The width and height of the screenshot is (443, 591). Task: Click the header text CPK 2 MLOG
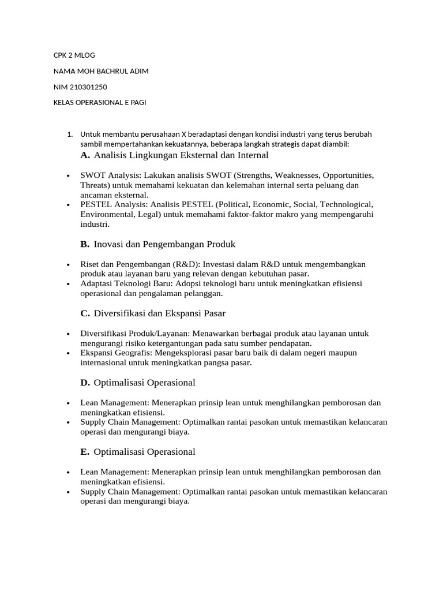(x=74, y=55)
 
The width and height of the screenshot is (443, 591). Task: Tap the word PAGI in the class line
(x=137, y=103)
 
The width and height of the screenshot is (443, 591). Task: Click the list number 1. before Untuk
(x=69, y=134)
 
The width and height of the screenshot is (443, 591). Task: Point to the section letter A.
(x=85, y=155)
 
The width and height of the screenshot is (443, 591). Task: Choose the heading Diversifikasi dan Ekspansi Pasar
(x=159, y=313)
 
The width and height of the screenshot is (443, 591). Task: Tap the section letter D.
(x=85, y=383)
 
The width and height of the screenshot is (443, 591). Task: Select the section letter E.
(x=85, y=452)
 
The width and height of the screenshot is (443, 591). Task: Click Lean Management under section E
(x=114, y=472)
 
